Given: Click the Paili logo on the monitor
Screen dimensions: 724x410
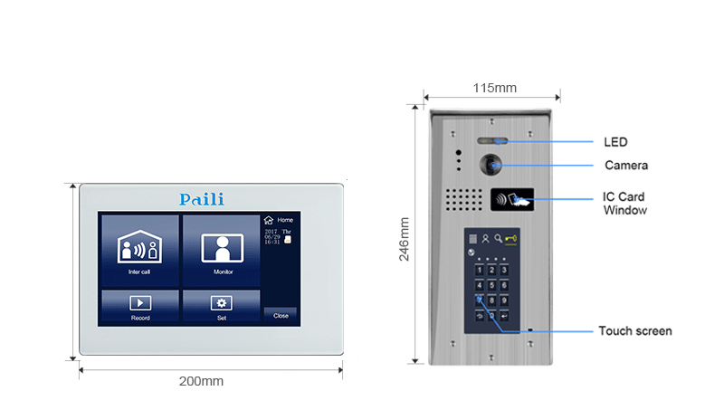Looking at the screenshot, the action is point(201,199).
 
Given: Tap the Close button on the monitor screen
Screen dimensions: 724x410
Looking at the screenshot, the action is point(281,315).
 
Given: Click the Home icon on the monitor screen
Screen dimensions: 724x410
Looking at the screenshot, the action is point(268,220).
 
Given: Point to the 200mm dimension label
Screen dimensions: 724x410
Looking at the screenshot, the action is point(200,381).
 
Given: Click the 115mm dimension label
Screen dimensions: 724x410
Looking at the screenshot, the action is point(494,88).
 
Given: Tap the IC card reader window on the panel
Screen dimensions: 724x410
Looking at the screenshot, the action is point(512,200).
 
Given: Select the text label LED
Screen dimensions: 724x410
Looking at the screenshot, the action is point(615,142).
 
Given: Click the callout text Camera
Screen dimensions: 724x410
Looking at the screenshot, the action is point(626,166).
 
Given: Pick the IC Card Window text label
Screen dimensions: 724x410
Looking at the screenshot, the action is point(624,203).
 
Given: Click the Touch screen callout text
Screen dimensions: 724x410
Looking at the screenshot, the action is point(635,331).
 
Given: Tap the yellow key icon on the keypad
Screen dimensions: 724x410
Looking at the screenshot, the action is point(511,240).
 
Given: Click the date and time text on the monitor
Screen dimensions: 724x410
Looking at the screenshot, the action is point(277,236).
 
